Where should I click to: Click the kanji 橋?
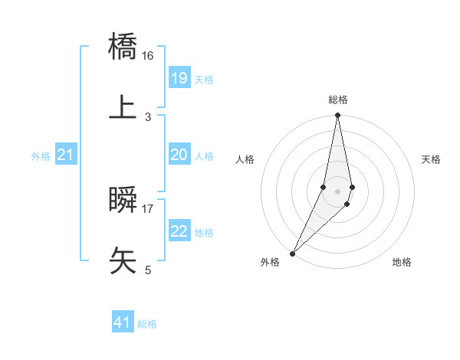tap(123, 47)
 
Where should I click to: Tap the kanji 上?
tap(123, 107)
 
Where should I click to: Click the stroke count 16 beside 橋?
tap(148, 56)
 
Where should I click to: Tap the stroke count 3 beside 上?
tap(148, 116)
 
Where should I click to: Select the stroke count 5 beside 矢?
tap(148, 270)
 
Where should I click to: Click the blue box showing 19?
tap(179, 78)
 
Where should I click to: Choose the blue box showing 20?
tap(179, 155)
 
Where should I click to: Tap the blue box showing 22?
tap(179, 231)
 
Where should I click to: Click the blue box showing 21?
tap(66, 155)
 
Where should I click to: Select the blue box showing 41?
tap(123, 322)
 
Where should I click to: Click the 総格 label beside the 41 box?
tap(147, 324)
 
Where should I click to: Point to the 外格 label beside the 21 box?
tap(41, 156)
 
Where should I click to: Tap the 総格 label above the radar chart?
tap(338, 100)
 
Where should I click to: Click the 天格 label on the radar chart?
tap(432, 159)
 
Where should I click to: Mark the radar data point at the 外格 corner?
tap(293, 254)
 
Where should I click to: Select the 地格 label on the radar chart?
tap(402, 262)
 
